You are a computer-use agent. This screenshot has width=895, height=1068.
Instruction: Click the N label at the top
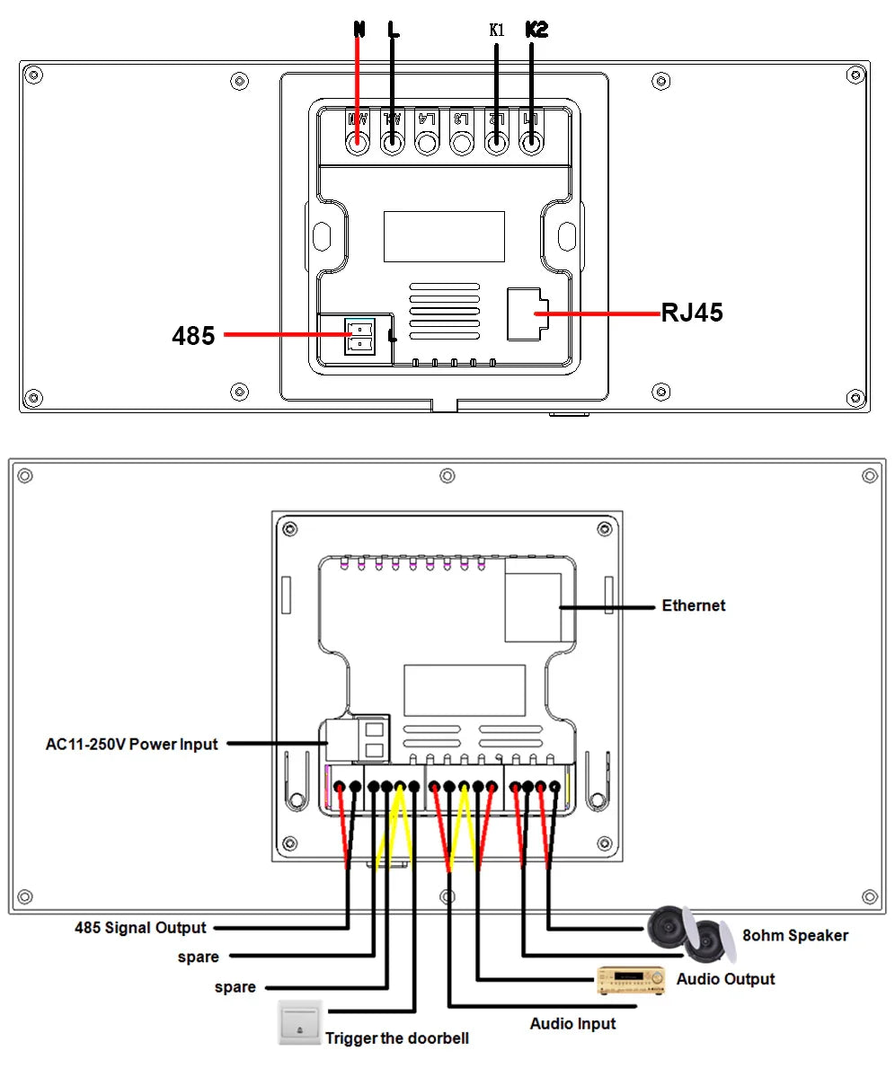[359, 29]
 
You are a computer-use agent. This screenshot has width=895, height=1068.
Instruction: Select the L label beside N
[393, 29]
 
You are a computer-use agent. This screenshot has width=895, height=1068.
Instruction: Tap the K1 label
[497, 30]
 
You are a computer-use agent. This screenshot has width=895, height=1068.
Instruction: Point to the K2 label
[536, 29]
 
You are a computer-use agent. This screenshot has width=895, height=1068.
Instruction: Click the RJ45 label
[692, 313]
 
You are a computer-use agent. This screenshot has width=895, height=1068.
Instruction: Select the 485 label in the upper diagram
[193, 336]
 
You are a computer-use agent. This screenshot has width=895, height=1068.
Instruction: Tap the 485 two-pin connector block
[358, 335]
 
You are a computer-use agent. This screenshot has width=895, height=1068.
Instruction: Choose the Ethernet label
[693, 605]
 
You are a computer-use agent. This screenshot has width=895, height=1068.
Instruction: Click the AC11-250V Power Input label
[132, 744]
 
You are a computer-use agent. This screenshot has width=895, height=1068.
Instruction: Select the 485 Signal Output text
[140, 927]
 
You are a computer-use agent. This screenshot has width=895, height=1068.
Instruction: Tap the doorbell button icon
[299, 1023]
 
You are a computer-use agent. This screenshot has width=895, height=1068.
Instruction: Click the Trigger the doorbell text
[396, 1038]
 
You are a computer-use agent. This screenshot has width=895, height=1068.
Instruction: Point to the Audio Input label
[572, 1023]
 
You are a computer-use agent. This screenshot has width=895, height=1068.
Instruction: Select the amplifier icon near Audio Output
[632, 979]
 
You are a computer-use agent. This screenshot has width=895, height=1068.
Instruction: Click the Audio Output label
[725, 978]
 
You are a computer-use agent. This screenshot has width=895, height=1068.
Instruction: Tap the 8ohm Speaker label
[794, 935]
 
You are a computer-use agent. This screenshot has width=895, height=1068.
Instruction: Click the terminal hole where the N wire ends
[359, 141]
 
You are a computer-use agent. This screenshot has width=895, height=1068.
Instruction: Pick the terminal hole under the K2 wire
[531, 141]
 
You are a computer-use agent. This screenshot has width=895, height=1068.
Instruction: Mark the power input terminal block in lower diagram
[359, 737]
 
